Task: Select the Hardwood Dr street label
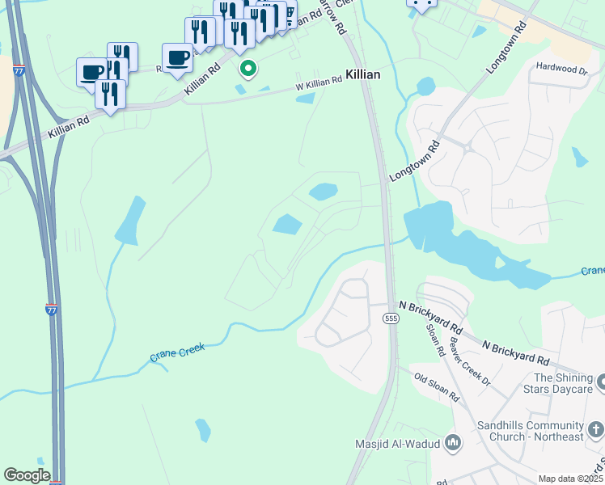click(x=561, y=70)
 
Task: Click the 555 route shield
click(x=391, y=319)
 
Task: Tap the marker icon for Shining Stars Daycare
click(x=600, y=380)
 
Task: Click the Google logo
click(x=27, y=475)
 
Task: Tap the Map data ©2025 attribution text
click(x=569, y=479)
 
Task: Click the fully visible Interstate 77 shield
click(x=51, y=309)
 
